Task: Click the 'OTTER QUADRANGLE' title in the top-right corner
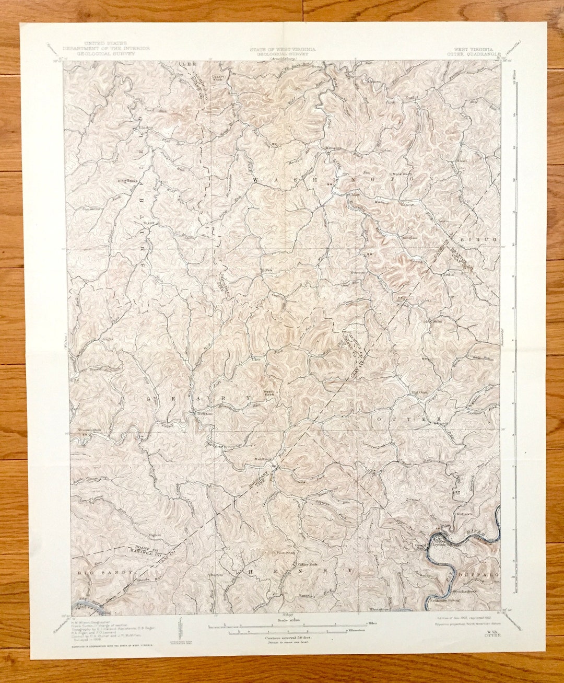point(474,53)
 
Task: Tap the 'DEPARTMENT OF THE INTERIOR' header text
point(113,48)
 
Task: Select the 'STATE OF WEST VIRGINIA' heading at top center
point(282,48)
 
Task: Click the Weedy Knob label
point(269,392)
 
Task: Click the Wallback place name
point(262,458)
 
